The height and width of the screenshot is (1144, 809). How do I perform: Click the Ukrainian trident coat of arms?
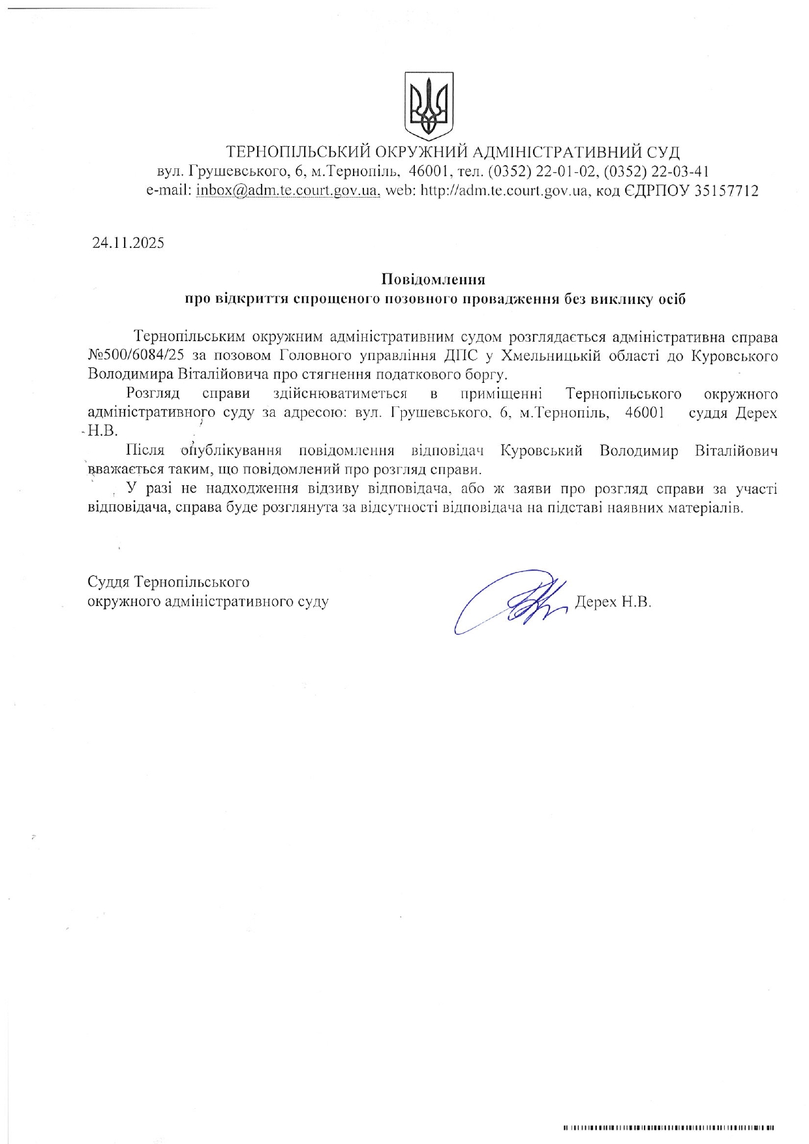pos(429,106)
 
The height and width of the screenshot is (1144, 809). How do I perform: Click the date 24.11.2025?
pos(128,243)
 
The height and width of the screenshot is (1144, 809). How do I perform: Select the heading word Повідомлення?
pos(433,280)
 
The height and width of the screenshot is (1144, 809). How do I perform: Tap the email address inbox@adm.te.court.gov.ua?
pos(288,191)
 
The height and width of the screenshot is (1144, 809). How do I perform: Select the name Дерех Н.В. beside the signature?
pos(613,602)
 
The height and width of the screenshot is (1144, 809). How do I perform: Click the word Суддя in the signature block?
pos(110,582)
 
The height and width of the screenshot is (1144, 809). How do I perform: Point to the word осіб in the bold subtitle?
pos(672,299)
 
